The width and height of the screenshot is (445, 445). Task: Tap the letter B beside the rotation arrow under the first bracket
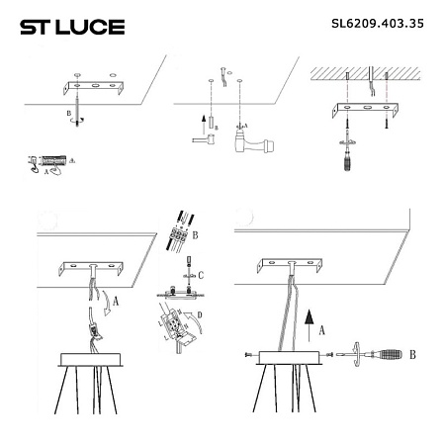[x=67, y=116]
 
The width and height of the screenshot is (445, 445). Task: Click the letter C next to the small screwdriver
[x=201, y=273]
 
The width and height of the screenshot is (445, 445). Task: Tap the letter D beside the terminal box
[x=201, y=316]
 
